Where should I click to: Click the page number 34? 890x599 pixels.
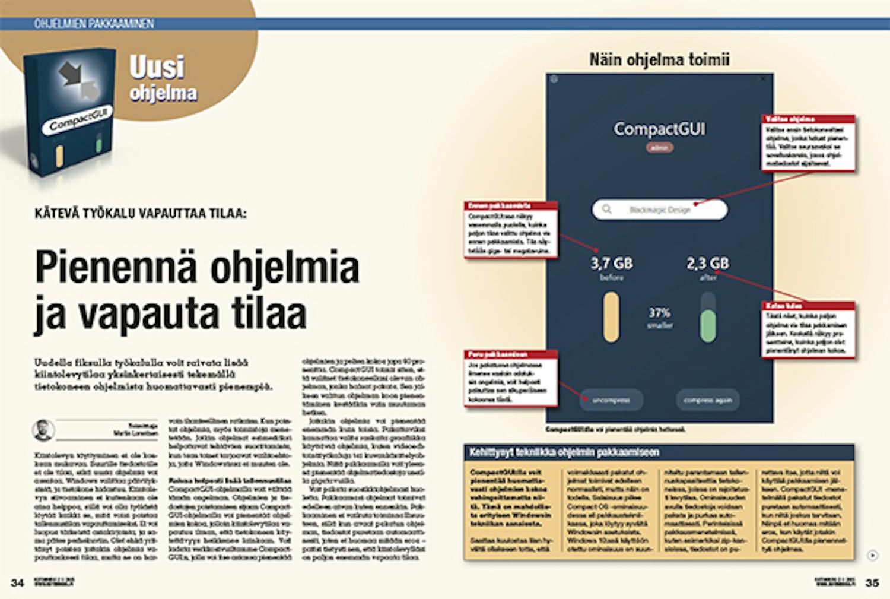point(17,582)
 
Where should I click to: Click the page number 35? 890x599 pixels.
point(872,582)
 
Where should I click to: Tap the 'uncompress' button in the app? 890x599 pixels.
point(611,400)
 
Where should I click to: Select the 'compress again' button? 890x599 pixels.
point(707,400)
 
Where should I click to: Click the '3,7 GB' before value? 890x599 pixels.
point(611,263)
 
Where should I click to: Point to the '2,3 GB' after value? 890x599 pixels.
point(708,263)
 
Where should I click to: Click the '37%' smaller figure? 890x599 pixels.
point(659,313)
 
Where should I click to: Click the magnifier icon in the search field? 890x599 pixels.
point(606,209)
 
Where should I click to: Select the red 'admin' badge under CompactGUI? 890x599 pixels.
point(659,148)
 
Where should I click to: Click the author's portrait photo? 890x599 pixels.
point(44,430)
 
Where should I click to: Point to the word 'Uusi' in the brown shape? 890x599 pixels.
point(157,67)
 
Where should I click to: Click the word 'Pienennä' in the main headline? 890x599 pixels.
point(116,267)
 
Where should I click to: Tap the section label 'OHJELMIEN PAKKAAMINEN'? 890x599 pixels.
point(94,24)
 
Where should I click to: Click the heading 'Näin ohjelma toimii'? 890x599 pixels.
point(659,59)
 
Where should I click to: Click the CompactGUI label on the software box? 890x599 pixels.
point(76,119)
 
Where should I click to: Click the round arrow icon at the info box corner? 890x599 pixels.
point(872,555)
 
